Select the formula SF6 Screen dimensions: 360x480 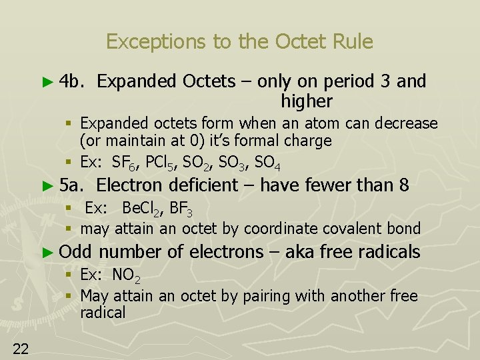(124, 163)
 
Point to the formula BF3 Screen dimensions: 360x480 (181, 209)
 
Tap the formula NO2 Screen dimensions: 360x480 (127, 275)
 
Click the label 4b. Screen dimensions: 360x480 (70, 81)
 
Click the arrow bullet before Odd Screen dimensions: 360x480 (46, 252)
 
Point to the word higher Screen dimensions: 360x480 (306, 101)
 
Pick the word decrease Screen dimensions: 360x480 (406, 124)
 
